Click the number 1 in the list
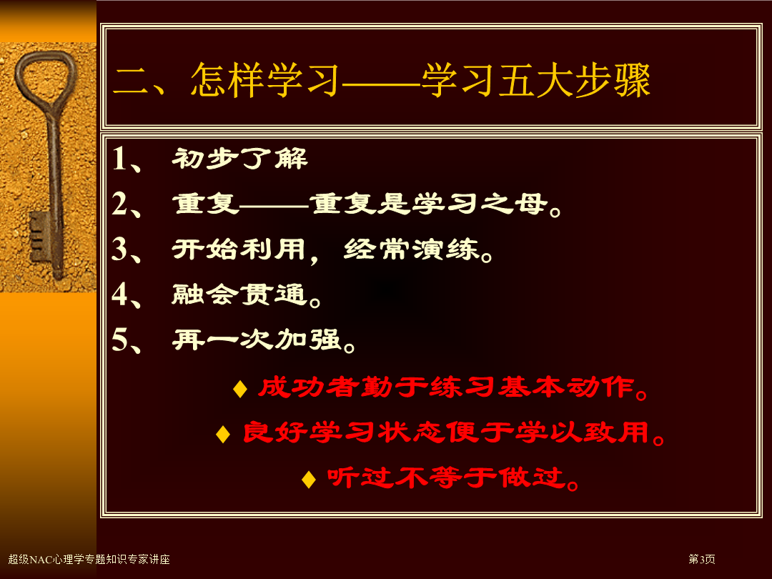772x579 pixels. click(119, 159)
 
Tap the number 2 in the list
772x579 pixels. click(119, 203)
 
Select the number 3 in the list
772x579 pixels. click(119, 249)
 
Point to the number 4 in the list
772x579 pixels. click(119, 294)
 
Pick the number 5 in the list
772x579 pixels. click(119, 340)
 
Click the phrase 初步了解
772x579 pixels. click(239, 159)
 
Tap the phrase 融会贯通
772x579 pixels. click(239, 295)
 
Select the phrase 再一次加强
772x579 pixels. click(257, 340)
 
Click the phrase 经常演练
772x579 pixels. click(412, 249)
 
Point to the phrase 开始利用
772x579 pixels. click(239, 249)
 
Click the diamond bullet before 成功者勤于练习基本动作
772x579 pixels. click(240, 389)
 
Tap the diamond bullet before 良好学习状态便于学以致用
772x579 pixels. click(223, 434)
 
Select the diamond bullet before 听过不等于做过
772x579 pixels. click(309, 479)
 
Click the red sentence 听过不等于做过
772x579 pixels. click(447, 477)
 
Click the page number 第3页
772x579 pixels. click(702, 559)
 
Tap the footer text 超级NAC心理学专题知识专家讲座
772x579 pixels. click(89, 559)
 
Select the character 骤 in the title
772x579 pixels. click(632, 80)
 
